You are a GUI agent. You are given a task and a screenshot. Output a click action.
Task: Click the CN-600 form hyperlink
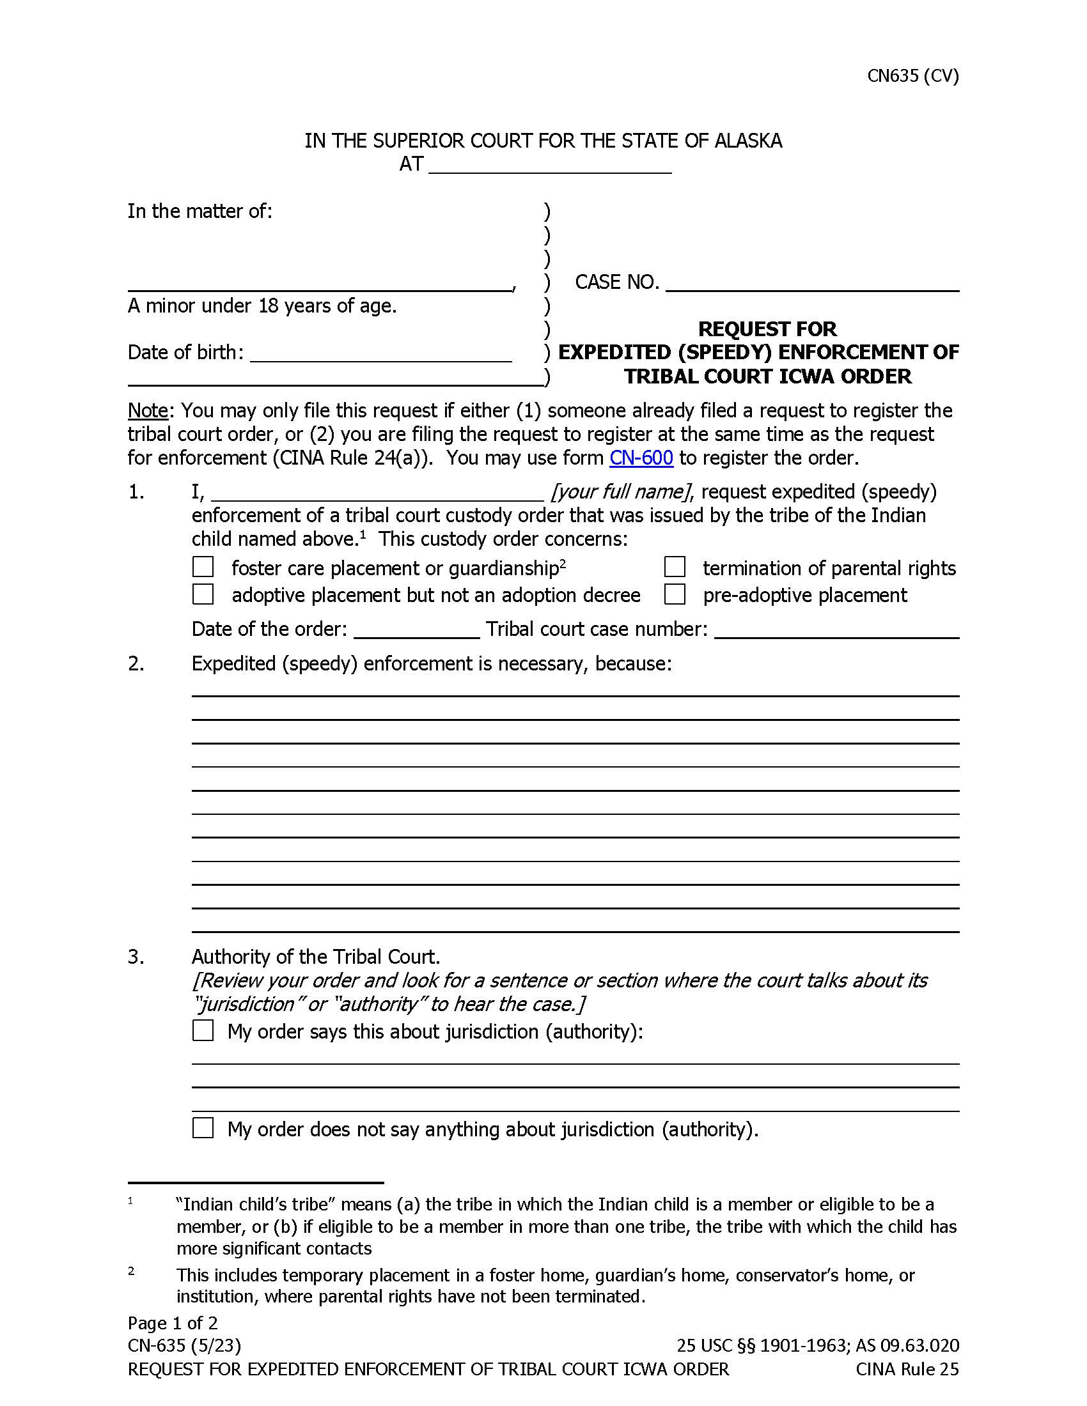[x=641, y=458]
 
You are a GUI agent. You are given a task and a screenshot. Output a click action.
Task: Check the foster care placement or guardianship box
[x=203, y=567]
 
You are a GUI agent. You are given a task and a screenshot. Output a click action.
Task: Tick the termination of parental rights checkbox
[x=674, y=567]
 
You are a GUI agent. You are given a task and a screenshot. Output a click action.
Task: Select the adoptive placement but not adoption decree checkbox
[x=203, y=594]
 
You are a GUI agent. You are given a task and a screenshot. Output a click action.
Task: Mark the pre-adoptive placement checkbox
[x=674, y=594]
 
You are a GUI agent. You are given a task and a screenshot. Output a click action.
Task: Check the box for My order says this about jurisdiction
[x=203, y=1031]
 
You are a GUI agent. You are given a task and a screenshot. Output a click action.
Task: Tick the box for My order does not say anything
[x=203, y=1128]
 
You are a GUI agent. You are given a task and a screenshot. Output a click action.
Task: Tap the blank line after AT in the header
[x=549, y=166]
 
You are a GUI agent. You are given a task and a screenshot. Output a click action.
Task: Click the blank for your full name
[x=377, y=493]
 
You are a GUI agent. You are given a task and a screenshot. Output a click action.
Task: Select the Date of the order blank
[x=416, y=630]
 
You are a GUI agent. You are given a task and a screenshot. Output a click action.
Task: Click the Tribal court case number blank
[x=836, y=630]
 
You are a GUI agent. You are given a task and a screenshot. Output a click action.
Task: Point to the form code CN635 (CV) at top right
[x=912, y=76]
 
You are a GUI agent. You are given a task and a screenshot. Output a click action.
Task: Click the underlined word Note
[x=148, y=411]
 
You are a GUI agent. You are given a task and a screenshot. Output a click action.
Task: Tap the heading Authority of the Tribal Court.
[x=315, y=957]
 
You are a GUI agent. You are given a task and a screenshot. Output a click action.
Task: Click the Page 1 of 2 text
[x=173, y=1323]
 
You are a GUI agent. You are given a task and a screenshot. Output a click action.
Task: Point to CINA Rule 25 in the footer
[x=907, y=1369]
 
